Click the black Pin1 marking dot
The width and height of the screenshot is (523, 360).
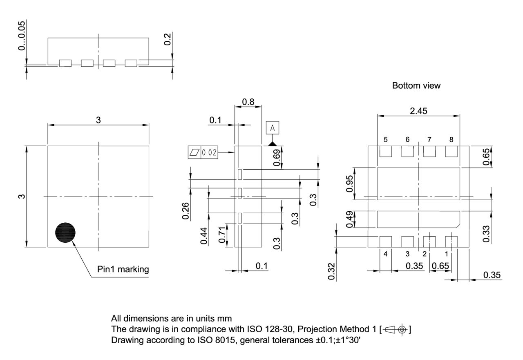pos(65,233)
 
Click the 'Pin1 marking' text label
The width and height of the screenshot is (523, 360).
pos(123,269)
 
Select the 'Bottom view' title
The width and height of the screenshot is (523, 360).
pos(416,86)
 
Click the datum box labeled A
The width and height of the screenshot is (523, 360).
pos(273,128)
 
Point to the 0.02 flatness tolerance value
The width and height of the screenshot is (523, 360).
pos(210,153)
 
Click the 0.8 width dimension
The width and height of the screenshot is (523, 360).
pos(248,101)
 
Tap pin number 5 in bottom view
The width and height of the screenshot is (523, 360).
pos(386,140)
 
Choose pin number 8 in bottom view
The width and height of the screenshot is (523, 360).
pos(451,140)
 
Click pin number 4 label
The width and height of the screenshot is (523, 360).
pos(386,254)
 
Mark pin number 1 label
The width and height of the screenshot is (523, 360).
pos(446,254)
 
